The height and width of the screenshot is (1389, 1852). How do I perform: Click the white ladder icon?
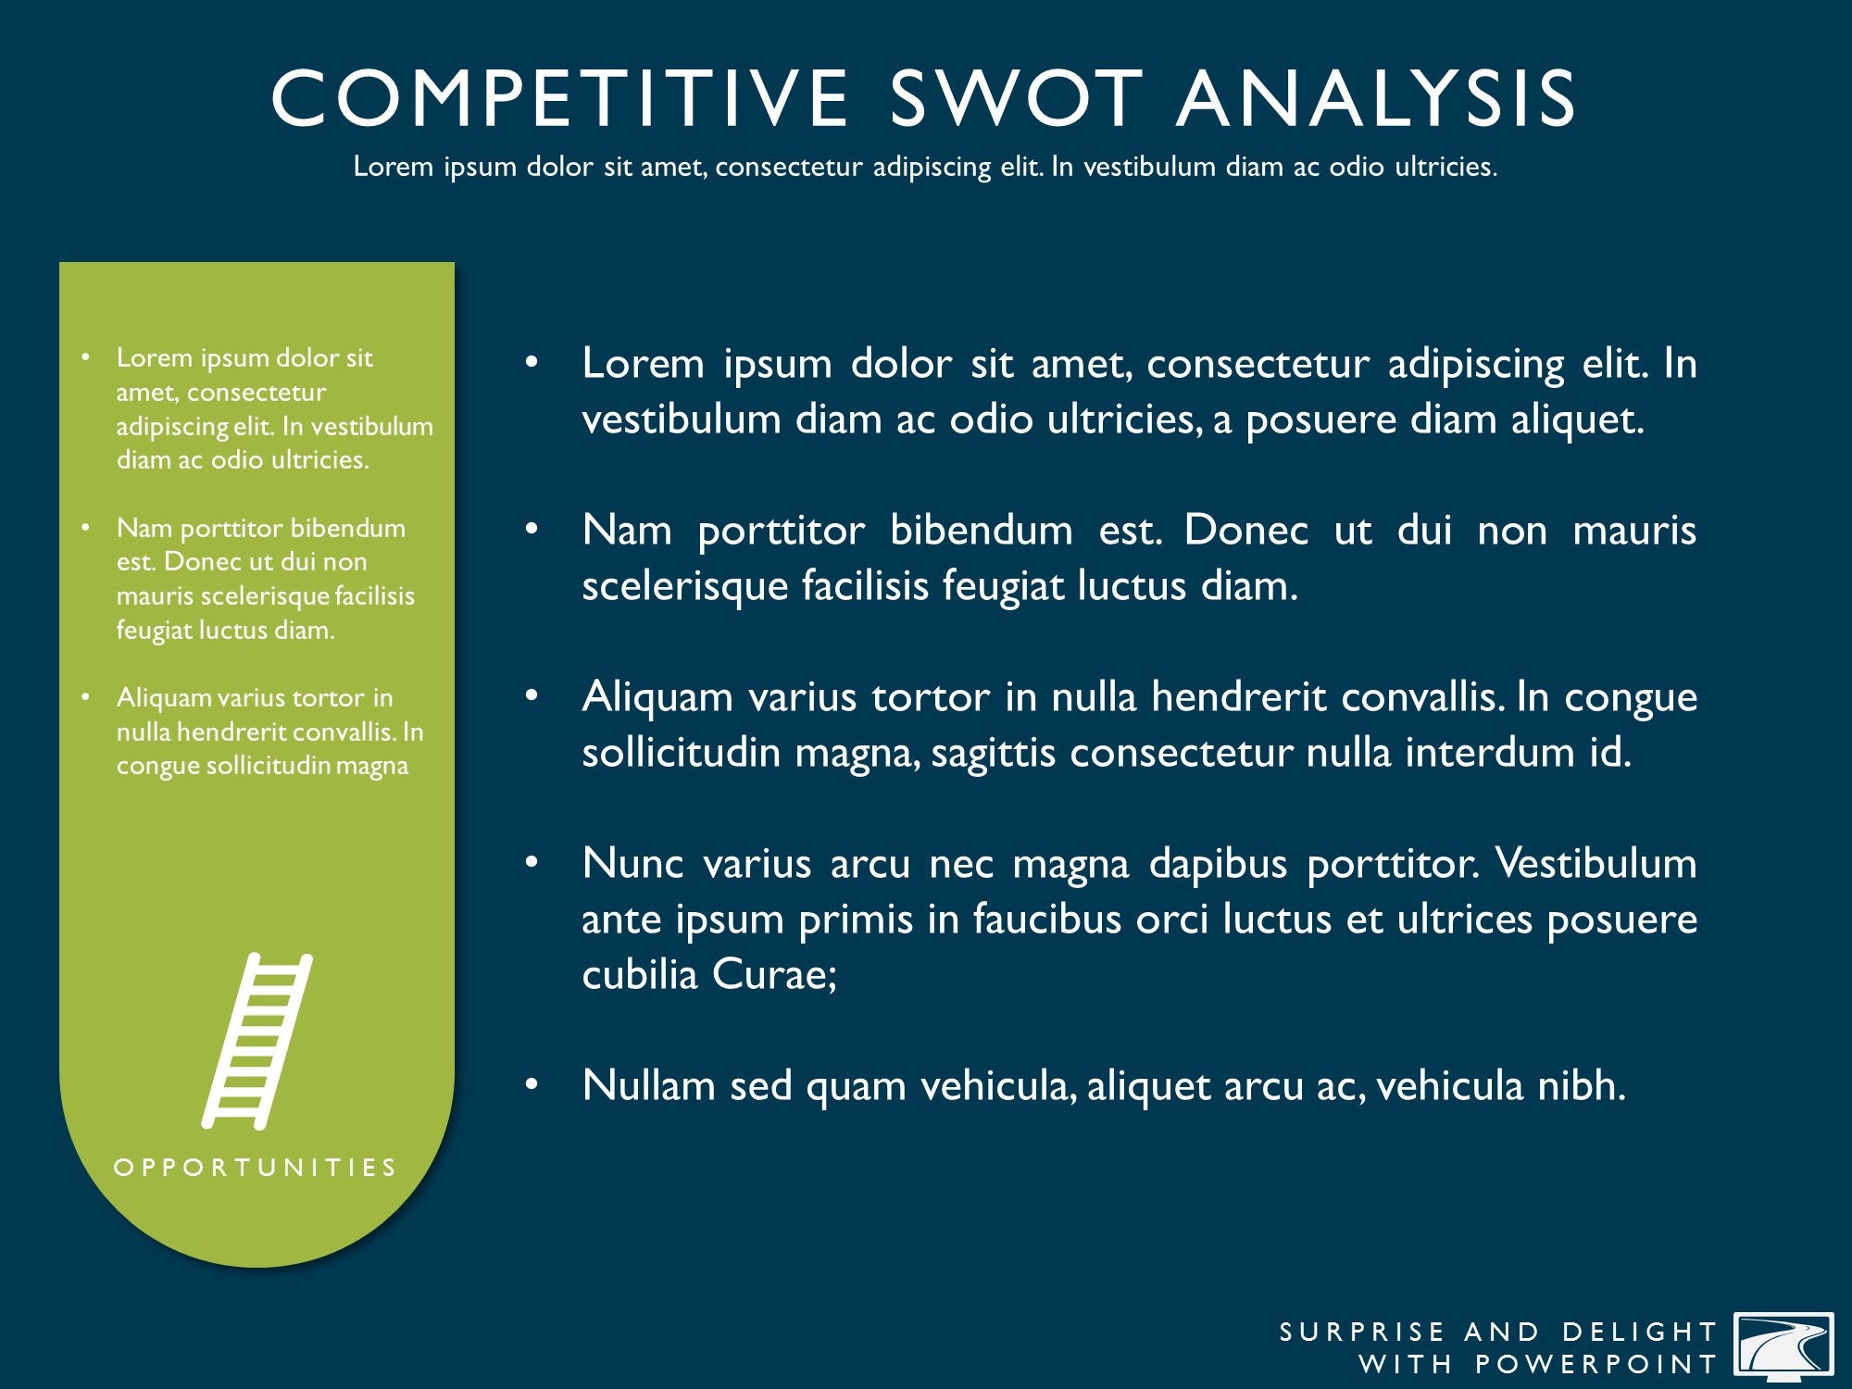click(257, 1041)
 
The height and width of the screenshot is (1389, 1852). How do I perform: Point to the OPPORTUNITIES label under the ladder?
click(256, 1167)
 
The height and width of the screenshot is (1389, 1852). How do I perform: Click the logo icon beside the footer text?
click(1783, 1346)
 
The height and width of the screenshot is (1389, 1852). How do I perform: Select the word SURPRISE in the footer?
click(1362, 1332)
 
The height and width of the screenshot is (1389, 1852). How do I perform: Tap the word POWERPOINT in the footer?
click(1595, 1364)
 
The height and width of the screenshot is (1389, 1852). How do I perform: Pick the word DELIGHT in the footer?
click(1640, 1332)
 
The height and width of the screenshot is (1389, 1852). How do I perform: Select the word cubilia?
click(640, 974)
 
